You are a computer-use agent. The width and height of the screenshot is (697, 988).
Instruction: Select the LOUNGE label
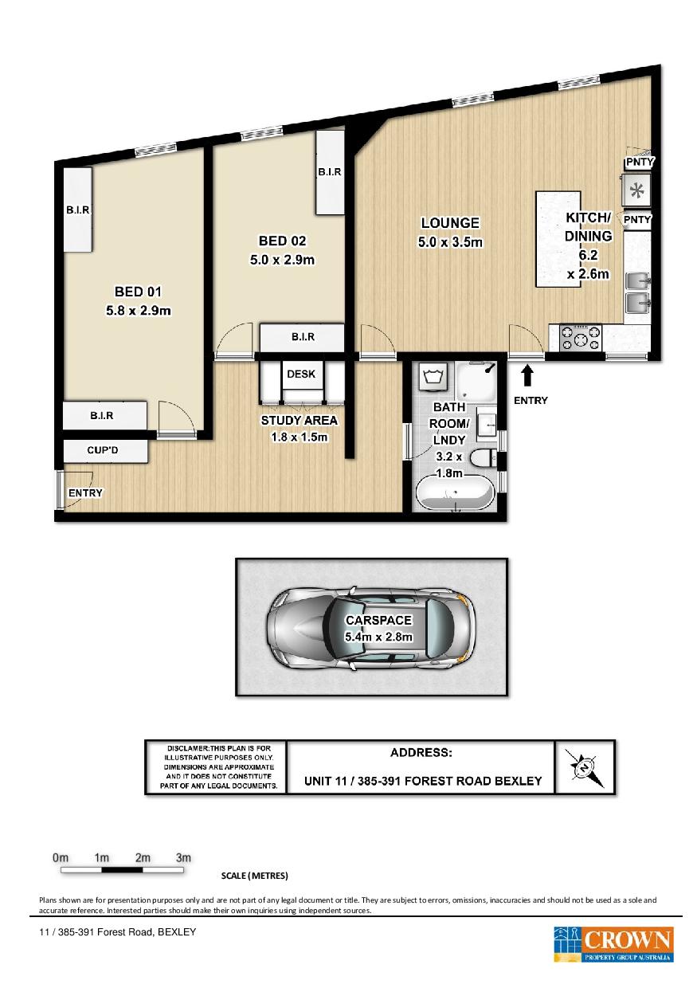pyautogui.click(x=450, y=223)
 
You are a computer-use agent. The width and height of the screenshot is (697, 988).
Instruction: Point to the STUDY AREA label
pyautogui.click(x=299, y=421)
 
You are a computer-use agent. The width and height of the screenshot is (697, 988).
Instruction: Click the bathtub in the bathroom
pyautogui.click(x=454, y=494)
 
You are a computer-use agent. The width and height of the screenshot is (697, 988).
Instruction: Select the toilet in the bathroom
pyautogui.click(x=484, y=459)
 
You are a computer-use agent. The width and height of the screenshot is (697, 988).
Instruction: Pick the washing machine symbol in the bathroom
pyautogui.click(x=433, y=377)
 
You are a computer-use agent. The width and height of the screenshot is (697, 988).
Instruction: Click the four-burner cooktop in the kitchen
pyautogui.click(x=580, y=338)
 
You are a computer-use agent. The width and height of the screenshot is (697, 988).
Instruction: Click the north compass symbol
pyautogui.click(x=585, y=768)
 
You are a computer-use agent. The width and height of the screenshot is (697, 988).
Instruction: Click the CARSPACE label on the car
pyautogui.click(x=378, y=620)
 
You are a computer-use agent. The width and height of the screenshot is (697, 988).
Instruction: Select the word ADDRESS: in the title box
pyautogui.click(x=421, y=752)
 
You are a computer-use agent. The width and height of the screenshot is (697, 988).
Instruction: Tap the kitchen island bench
pyautogui.click(x=558, y=239)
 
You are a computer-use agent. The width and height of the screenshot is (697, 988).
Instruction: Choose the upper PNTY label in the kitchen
pyautogui.click(x=639, y=162)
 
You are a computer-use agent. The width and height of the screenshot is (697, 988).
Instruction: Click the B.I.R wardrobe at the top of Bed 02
pyautogui.click(x=330, y=172)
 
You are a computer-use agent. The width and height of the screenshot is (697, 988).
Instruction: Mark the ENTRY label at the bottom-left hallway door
pyautogui.click(x=85, y=492)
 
